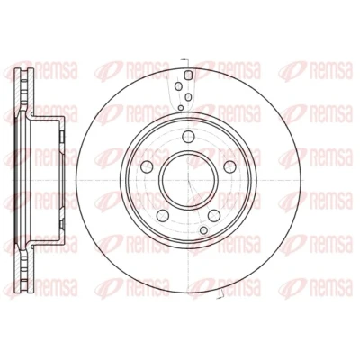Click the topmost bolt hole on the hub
(x=188, y=137)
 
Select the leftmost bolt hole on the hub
(x=147, y=166)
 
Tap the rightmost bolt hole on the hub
(x=230, y=166)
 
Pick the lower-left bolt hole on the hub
(x=163, y=215)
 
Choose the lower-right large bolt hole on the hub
(x=214, y=215)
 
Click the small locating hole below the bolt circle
(x=203, y=230)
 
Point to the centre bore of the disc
(x=188, y=180)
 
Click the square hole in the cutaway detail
(x=188, y=75)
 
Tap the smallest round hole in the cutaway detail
(x=181, y=107)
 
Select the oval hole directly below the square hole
(x=188, y=96)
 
